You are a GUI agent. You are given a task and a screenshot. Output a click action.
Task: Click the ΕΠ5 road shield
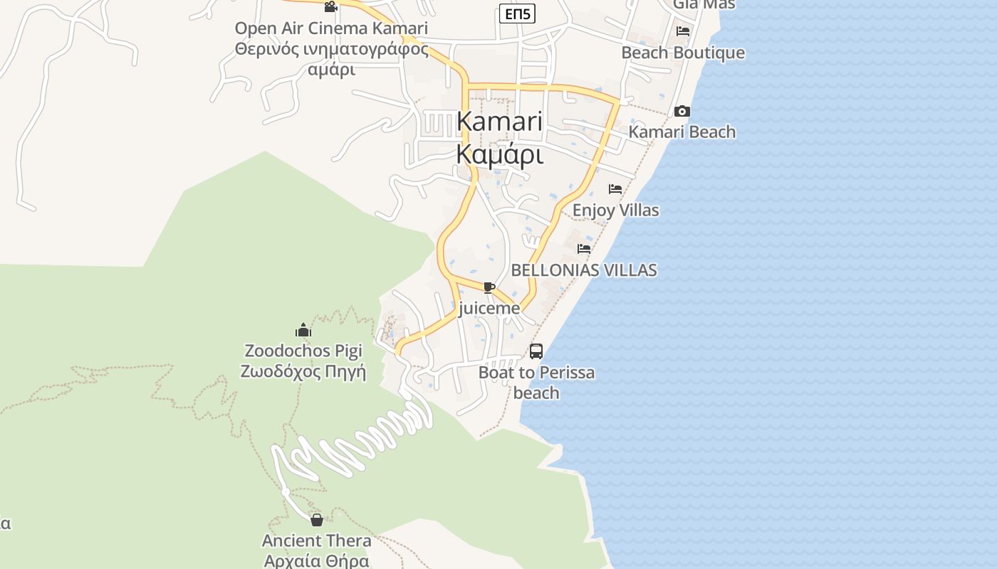click(x=517, y=14)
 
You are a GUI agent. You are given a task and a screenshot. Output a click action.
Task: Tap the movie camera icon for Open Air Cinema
click(x=330, y=7)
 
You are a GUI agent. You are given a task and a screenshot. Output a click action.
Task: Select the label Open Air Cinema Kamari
click(x=331, y=28)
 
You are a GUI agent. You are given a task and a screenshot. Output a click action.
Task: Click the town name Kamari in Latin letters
click(x=499, y=121)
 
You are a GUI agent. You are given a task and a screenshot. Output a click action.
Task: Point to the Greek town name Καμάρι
click(x=499, y=154)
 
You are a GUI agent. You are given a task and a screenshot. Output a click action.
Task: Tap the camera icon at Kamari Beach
click(x=682, y=112)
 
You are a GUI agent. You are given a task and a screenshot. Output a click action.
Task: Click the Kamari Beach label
click(x=682, y=132)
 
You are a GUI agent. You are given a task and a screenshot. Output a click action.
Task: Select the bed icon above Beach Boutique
click(x=683, y=31)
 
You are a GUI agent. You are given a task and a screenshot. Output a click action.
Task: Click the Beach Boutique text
click(x=683, y=53)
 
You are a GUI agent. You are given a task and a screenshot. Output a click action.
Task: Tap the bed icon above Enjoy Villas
click(x=615, y=189)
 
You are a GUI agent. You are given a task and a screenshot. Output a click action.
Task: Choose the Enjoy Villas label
click(x=615, y=211)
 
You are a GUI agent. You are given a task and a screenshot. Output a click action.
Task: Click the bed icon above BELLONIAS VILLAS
click(x=584, y=249)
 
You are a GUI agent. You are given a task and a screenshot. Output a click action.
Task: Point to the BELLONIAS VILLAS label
click(x=584, y=270)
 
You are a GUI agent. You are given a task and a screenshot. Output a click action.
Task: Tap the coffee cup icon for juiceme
click(x=489, y=287)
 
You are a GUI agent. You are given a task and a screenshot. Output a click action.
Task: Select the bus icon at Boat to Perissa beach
click(x=536, y=351)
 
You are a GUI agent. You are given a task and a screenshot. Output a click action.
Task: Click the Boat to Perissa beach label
click(x=536, y=382)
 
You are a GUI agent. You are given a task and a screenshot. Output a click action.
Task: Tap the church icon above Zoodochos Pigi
click(x=303, y=330)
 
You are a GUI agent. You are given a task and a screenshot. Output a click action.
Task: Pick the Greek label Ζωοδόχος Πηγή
click(x=303, y=371)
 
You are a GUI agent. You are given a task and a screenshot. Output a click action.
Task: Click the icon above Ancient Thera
click(x=316, y=520)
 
